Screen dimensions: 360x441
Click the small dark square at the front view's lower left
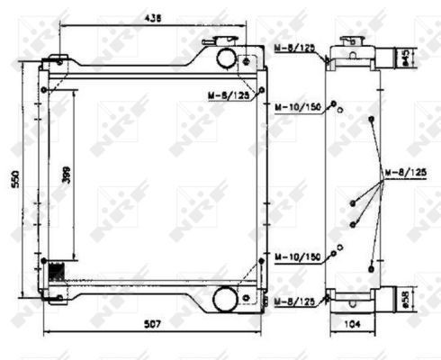[x=56, y=269]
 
